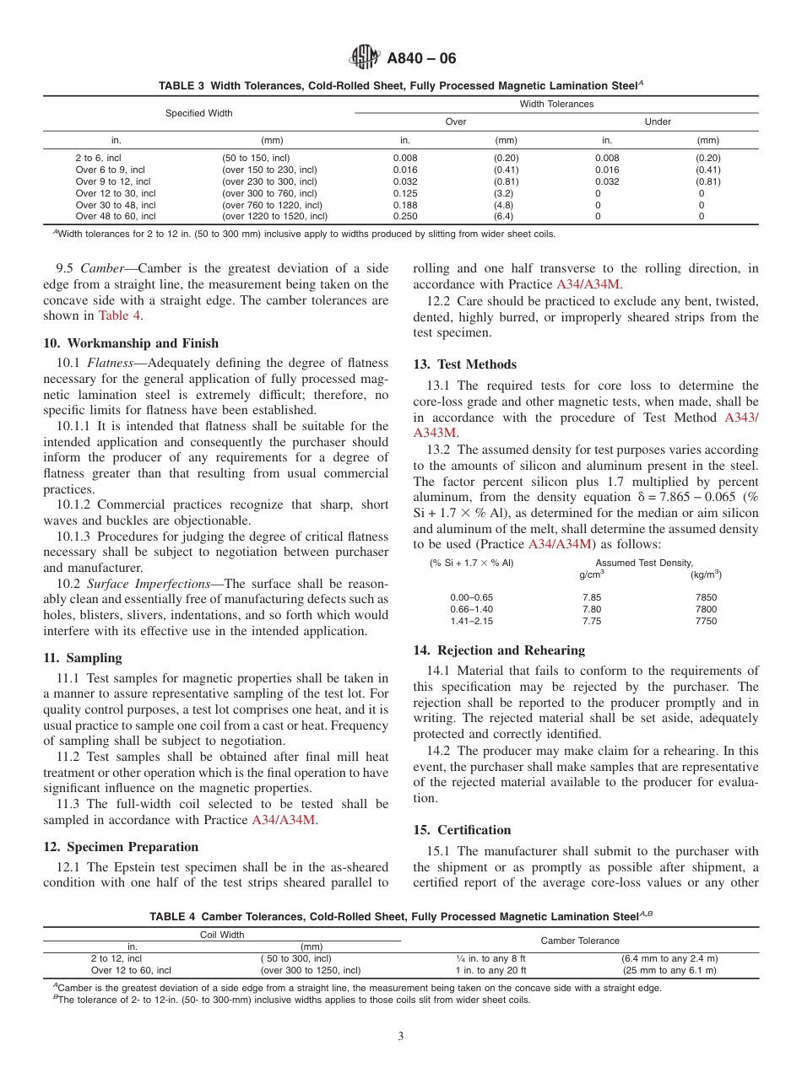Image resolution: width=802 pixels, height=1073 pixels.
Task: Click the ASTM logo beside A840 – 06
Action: (x=364, y=58)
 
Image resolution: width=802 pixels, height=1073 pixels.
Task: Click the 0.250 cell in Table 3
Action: (x=405, y=216)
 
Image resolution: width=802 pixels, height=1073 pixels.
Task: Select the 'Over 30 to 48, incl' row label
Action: (x=116, y=205)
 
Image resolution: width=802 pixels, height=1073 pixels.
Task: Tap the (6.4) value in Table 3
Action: (x=506, y=216)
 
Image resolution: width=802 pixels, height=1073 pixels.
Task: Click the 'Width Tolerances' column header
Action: (x=556, y=104)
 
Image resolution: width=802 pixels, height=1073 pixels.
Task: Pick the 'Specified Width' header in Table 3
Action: (x=198, y=113)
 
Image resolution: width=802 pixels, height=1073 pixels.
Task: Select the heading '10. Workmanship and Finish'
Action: (x=131, y=342)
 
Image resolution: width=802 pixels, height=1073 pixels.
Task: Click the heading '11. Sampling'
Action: (x=83, y=658)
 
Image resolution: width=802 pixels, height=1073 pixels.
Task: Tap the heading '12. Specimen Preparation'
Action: (x=121, y=847)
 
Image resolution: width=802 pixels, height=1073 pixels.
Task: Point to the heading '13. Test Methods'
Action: (x=464, y=364)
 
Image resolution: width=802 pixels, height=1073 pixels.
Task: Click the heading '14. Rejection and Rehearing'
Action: (x=499, y=650)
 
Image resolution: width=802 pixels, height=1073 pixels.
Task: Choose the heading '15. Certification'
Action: (x=462, y=830)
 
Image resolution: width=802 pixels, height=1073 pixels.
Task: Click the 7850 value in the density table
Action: (x=706, y=597)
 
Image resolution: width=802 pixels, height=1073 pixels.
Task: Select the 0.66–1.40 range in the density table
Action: (x=471, y=609)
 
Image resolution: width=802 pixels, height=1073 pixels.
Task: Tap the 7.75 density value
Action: (x=592, y=621)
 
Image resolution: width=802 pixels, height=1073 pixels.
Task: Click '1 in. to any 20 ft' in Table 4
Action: (x=490, y=970)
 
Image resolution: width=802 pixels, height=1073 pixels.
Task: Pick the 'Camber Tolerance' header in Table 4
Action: (x=579, y=941)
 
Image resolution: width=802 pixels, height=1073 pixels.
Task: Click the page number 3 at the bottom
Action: (x=401, y=1036)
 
